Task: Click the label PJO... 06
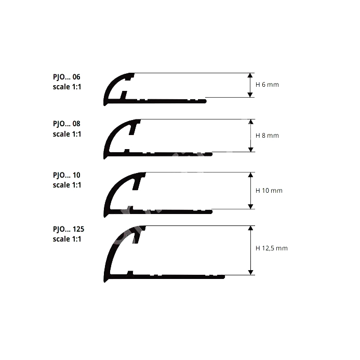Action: pos(66,77)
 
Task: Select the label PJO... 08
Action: pos(66,124)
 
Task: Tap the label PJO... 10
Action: pos(66,175)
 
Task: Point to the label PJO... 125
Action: pos(69,229)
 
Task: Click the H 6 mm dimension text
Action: pos(267,85)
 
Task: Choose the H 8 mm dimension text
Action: pos(267,136)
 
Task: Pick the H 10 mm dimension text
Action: pos(269,191)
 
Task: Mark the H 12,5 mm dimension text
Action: pos(271,248)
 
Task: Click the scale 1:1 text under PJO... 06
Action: pos(67,87)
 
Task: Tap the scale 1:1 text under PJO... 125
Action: pos(67,239)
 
